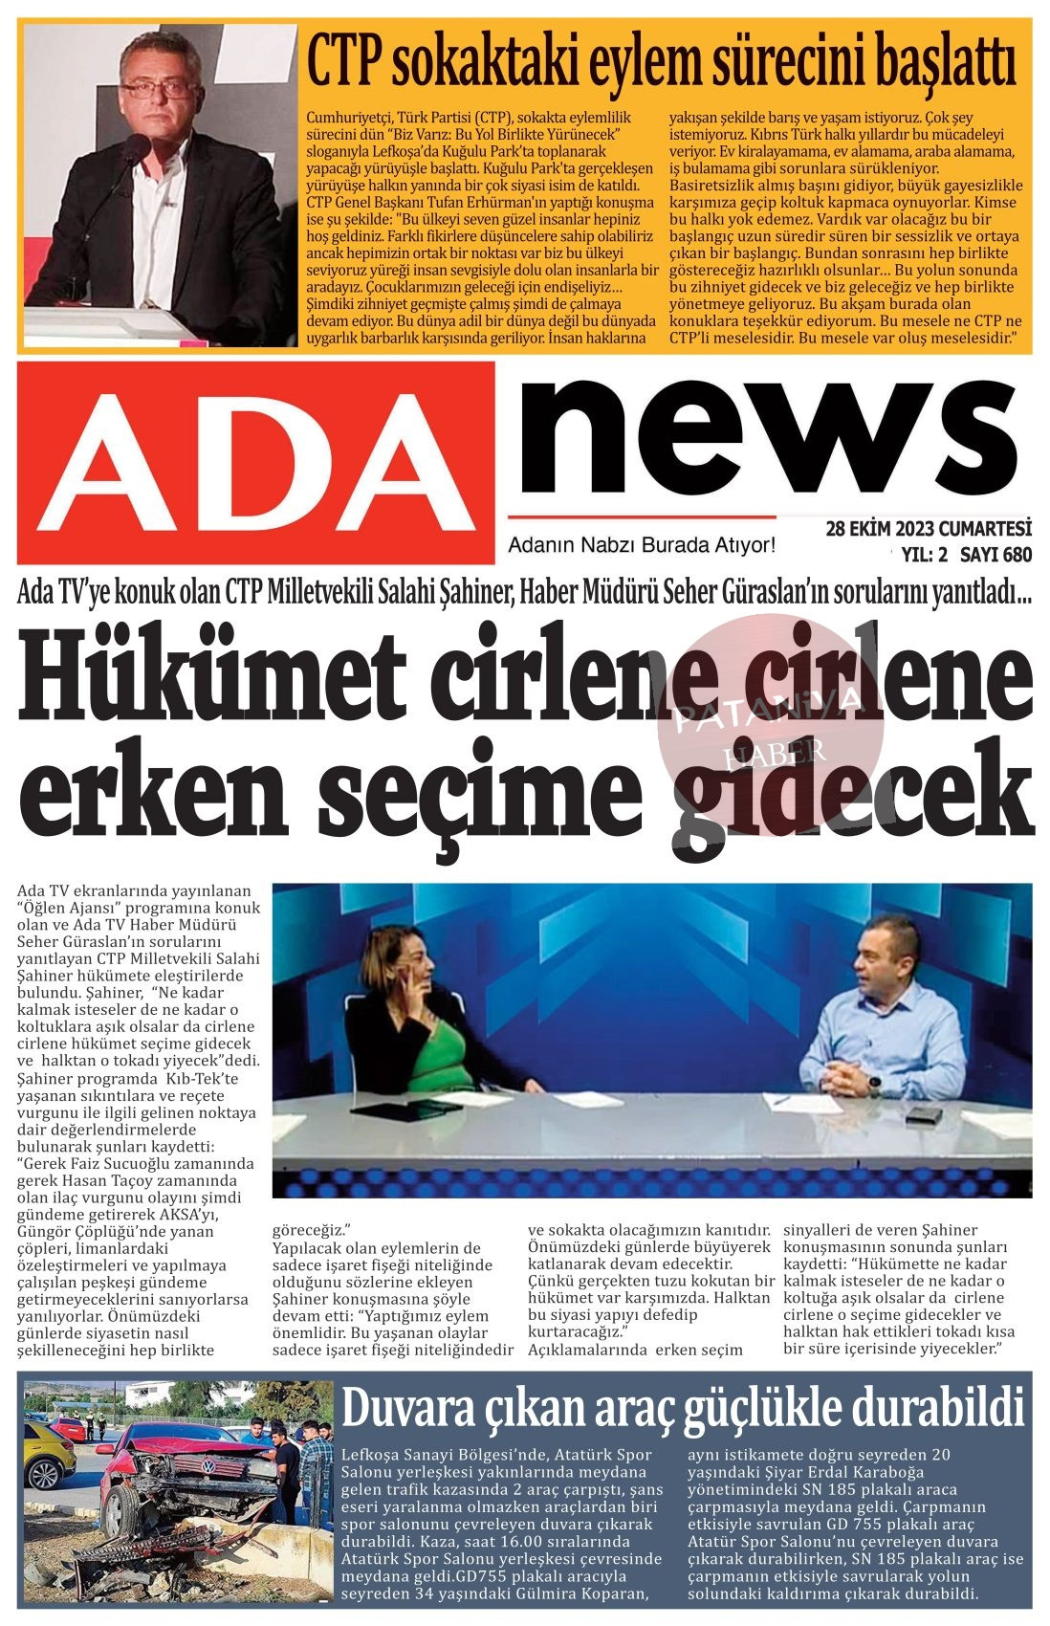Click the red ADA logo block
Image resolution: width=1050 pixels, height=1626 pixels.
tap(256, 462)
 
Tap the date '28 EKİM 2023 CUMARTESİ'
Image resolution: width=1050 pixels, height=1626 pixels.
tap(929, 529)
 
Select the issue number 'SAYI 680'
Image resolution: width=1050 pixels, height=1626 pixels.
tap(995, 554)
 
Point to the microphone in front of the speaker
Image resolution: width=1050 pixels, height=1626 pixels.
tap(134, 153)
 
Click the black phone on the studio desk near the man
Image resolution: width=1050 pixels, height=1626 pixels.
tap(923, 1114)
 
